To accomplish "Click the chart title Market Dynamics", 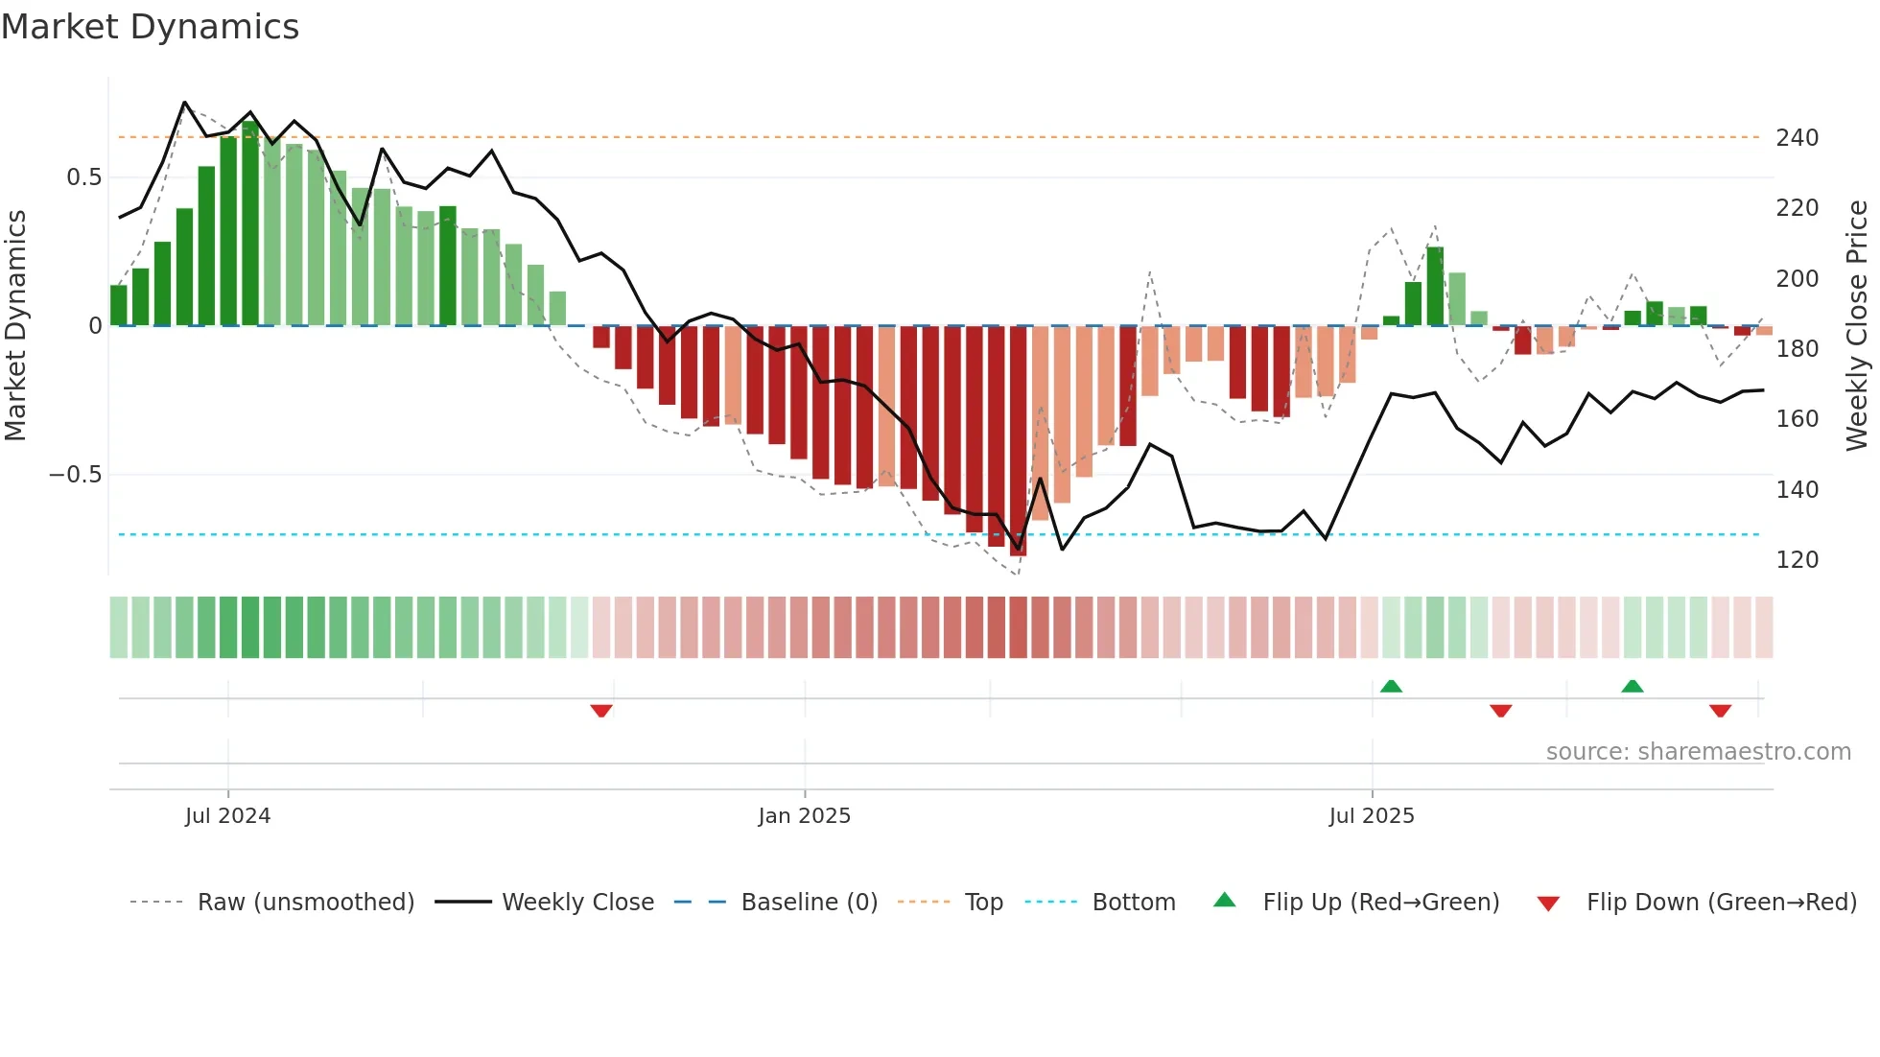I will [150, 27].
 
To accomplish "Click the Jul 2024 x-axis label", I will [227, 816].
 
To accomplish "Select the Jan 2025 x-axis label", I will [804, 816].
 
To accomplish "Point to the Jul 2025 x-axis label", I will [1371, 816].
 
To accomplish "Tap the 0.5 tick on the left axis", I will [83, 177].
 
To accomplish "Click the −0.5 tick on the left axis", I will [75, 475].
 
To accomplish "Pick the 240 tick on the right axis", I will [1797, 138].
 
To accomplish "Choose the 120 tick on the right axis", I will [1797, 560].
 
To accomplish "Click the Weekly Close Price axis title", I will [1857, 326].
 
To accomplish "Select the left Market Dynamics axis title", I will [15, 326].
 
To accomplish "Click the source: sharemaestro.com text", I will [1698, 752].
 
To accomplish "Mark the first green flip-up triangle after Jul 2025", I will [1391, 686].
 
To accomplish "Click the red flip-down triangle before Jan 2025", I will [601, 711].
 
